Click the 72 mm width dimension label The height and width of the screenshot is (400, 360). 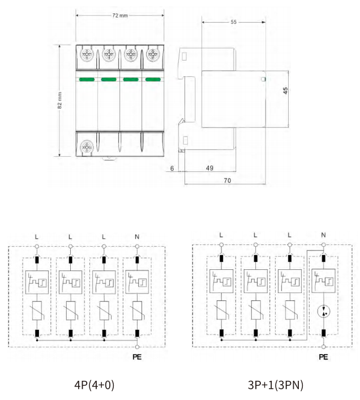coord(120,16)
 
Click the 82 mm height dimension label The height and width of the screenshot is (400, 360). coord(59,101)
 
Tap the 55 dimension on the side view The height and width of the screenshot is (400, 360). coord(233,22)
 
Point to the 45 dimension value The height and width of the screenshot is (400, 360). coord(285,91)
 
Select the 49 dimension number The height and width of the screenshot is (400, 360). coord(209,168)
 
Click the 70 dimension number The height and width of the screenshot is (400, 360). coord(228,180)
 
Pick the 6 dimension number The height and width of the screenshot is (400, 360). coord(172,169)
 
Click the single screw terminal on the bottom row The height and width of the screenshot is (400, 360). coord(87,147)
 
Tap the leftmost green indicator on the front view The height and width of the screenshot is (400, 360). coord(87,80)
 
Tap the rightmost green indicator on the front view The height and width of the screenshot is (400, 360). coord(153,80)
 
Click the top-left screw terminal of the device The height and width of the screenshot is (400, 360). coord(87,54)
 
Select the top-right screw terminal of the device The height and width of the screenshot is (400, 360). coord(153,54)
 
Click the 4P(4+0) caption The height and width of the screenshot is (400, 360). coord(94,385)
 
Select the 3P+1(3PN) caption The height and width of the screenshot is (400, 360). coord(276,385)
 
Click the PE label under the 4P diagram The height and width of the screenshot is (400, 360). coord(137,356)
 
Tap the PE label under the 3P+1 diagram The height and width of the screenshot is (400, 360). coord(323,356)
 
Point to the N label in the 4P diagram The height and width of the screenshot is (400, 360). coord(137,237)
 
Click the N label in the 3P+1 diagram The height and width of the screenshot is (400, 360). coord(324,235)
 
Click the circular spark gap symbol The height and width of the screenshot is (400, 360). coord(324,311)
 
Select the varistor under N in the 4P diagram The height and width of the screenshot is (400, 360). coord(138,311)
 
